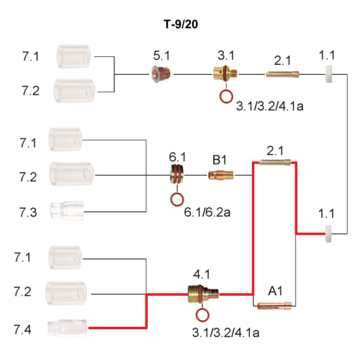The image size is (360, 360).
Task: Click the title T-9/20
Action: pos(181,24)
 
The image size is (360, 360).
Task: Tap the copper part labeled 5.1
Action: pos(161,74)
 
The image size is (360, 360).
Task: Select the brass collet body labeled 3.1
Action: pos(225,73)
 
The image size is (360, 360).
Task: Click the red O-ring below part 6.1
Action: pos(177,199)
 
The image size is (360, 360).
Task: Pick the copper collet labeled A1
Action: pos(274,305)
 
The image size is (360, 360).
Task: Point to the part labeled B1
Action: pos(221,175)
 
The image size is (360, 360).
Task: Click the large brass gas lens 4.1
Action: pos(203,294)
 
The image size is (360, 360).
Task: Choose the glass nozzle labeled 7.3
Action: pos(67,210)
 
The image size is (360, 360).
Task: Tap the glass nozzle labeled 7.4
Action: pos(68,328)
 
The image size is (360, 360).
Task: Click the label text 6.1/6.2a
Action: pos(207,212)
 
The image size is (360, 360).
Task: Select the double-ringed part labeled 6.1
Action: pos(178,174)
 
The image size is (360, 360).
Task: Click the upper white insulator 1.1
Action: pos(328,74)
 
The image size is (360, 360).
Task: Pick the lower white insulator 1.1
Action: pos(328,233)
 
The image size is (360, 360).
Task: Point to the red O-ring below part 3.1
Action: pos(226,96)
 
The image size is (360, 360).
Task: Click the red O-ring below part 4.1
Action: pos(202,315)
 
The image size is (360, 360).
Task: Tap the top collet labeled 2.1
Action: pos(282,74)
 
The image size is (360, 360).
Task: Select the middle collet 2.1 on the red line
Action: pos(275,163)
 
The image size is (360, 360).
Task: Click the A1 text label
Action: pos(275,291)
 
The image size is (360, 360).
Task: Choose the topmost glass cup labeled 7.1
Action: pos(73,56)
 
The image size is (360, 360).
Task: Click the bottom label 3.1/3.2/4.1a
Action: pos(225,333)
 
